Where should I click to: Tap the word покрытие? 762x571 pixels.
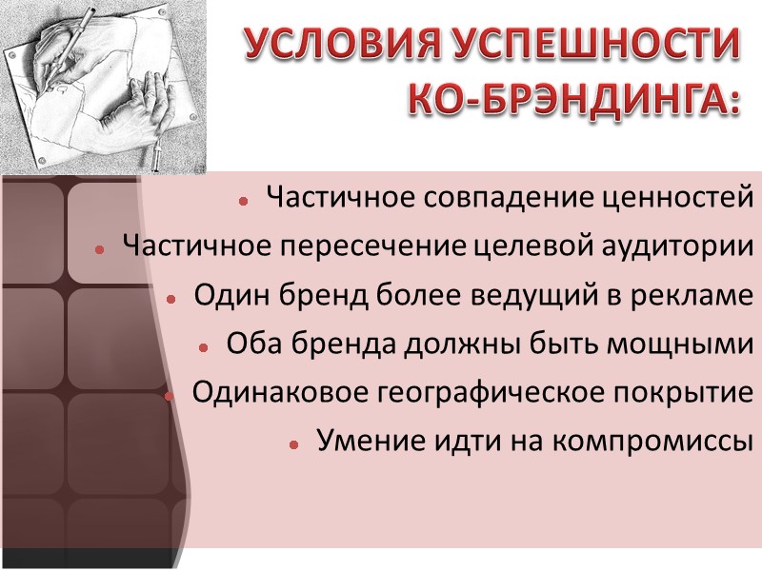pyautogui.click(x=682, y=393)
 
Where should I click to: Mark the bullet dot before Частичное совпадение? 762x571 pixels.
pyautogui.click(x=244, y=201)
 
